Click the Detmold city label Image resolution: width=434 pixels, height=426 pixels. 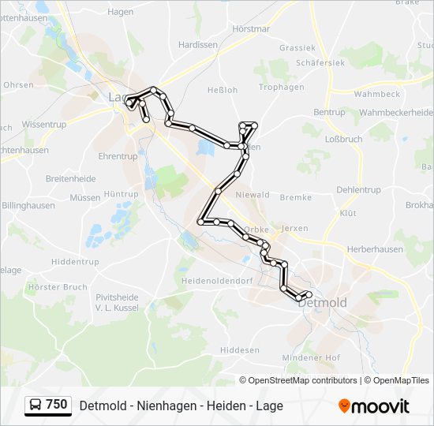point(324,303)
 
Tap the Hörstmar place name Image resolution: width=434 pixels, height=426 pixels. point(251,28)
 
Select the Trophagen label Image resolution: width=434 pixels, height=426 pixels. point(282,87)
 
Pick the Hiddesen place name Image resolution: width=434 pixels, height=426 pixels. point(240,349)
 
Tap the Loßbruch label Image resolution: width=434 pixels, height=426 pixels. point(343,139)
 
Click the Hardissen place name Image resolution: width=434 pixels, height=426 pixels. point(198,45)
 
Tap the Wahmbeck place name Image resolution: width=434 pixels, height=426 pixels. point(377,94)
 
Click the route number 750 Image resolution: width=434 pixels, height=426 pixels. point(56,405)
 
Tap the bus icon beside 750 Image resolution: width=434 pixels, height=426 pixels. point(36,405)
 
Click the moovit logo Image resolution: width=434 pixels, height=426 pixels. point(374,406)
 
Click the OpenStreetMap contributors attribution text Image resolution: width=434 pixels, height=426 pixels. point(302,380)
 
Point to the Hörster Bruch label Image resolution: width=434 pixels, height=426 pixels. point(57,287)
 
